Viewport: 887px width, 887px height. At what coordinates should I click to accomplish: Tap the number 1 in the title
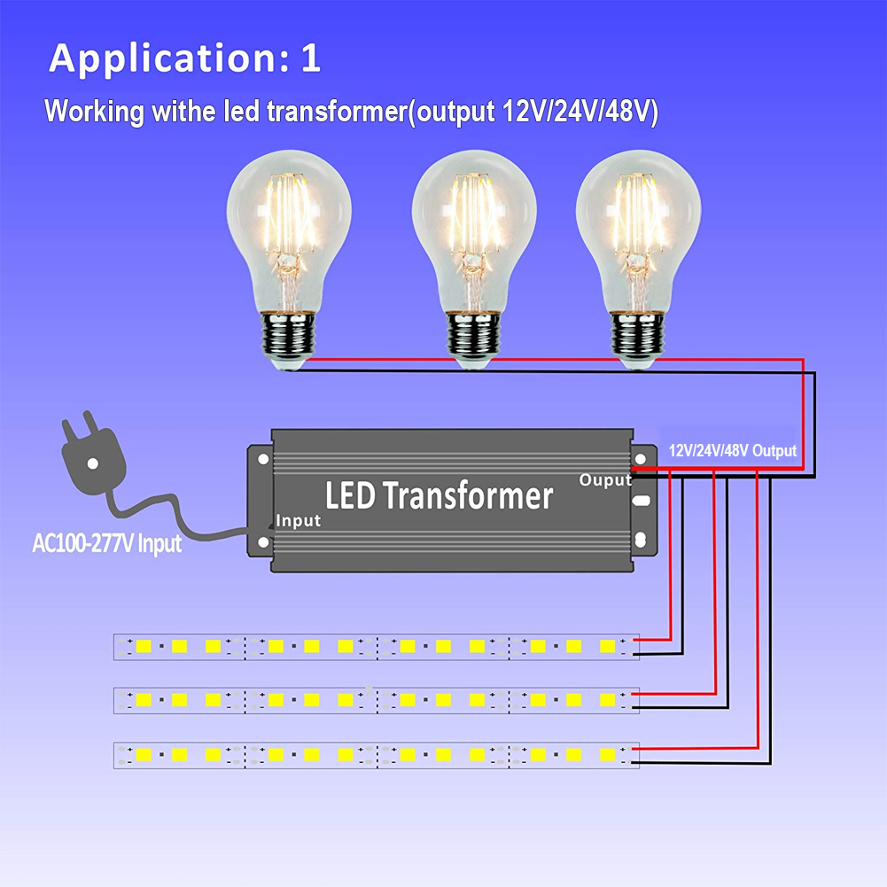click(310, 58)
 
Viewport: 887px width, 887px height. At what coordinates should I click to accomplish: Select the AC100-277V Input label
click(106, 542)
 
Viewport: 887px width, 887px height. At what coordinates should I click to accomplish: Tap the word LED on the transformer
click(348, 495)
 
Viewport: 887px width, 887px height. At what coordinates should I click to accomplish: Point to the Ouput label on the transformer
click(605, 480)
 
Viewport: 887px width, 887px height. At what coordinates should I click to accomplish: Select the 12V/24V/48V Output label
click(732, 450)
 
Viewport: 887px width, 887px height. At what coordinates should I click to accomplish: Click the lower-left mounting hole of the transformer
click(263, 539)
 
